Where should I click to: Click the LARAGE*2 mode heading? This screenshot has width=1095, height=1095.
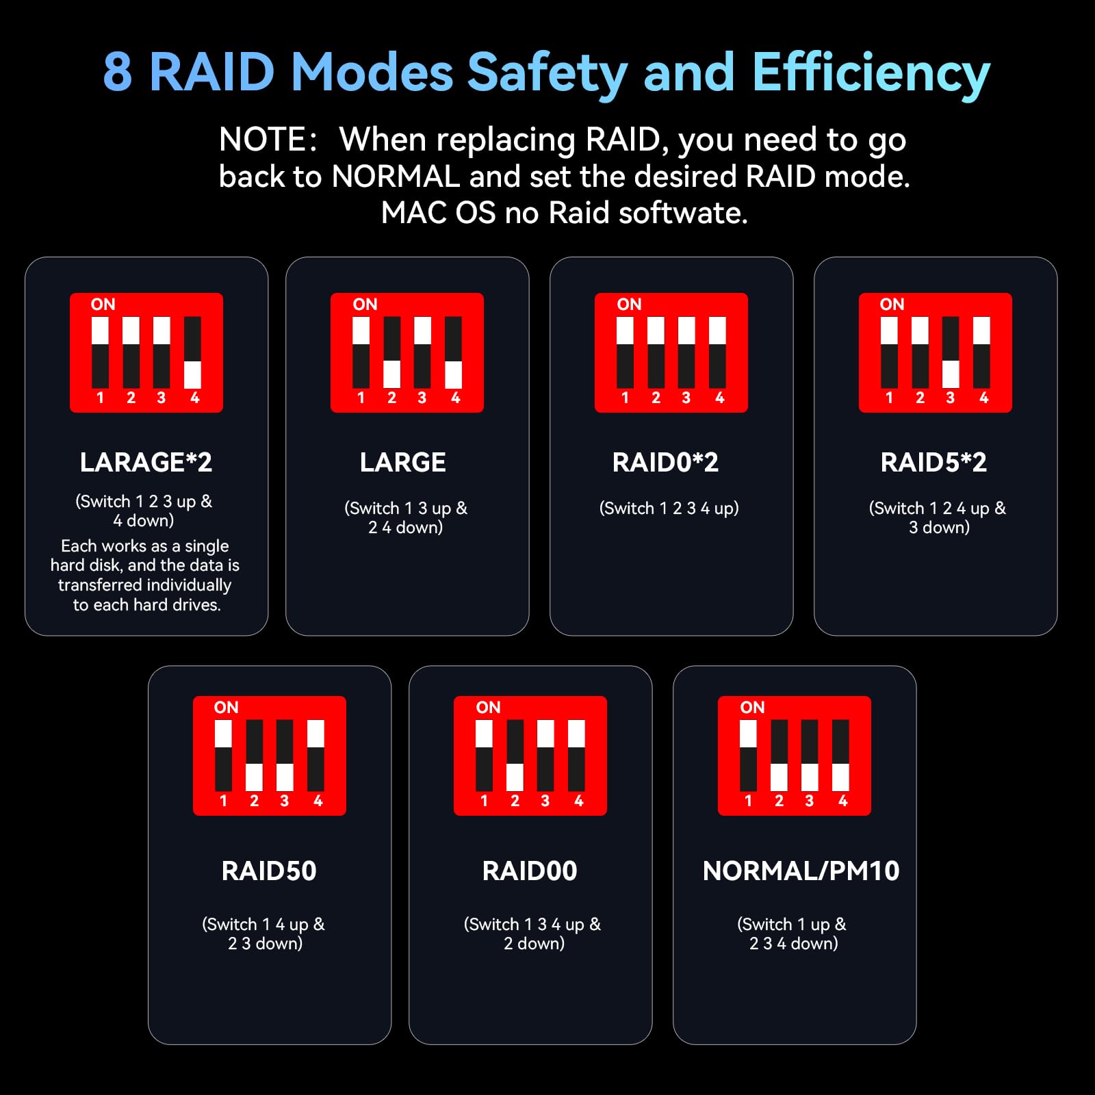tap(146, 463)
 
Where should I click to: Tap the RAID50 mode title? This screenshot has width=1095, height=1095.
tap(269, 871)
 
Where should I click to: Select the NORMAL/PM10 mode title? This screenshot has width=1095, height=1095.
tap(801, 871)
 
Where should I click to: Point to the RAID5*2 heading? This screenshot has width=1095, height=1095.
tap(933, 463)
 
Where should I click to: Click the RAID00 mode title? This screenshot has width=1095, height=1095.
tap(530, 871)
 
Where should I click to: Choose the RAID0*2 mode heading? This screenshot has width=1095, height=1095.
tap(665, 463)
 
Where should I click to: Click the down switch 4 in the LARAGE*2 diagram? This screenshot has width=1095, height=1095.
tap(193, 352)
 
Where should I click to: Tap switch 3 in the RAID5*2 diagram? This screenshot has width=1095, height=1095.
tap(951, 352)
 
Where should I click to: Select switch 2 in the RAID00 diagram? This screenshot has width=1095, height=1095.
tap(515, 756)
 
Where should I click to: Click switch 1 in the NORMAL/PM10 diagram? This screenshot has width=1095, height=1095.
tap(748, 756)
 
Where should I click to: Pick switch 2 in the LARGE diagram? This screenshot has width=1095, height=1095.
tap(391, 352)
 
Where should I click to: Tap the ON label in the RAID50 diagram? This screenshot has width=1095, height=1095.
tap(227, 708)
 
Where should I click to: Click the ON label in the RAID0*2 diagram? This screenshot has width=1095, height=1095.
tap(629, 305)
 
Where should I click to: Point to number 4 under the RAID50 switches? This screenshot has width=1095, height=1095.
tap(318, 801)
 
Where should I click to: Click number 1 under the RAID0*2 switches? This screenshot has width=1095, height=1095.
tap(625, 398)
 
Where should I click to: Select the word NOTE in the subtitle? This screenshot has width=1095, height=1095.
tap(263, 140)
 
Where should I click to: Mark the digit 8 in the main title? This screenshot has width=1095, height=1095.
tap(118, 72)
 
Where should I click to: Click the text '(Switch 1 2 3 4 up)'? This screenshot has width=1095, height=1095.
tap(669, 508)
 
